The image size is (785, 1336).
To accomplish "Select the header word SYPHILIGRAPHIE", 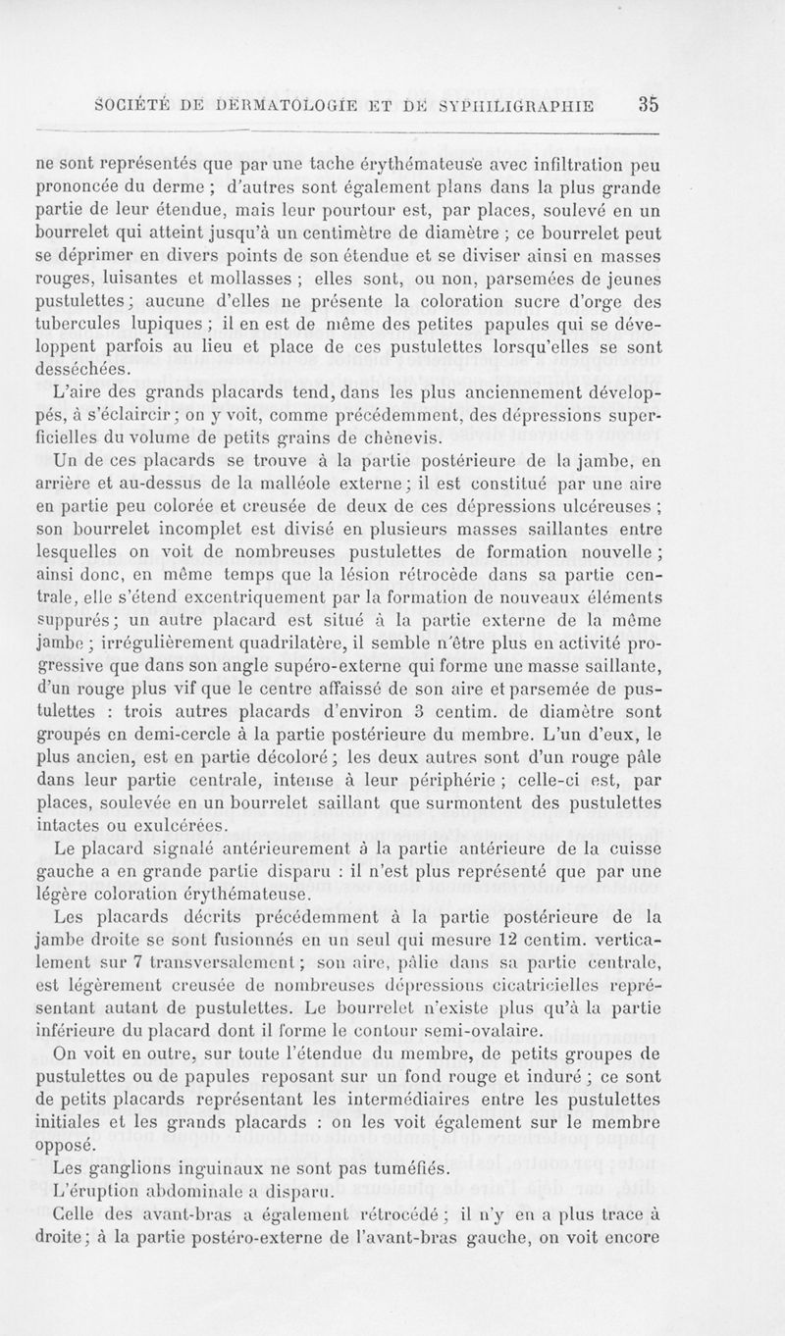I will pyautogui.click(x=519, y=106).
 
